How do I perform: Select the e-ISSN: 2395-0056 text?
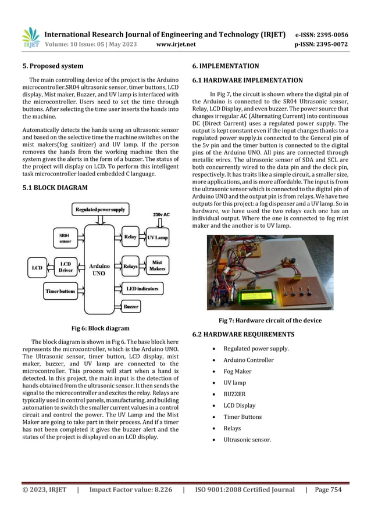tap(322, 34)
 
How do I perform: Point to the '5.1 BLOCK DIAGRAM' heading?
tap(55, 188)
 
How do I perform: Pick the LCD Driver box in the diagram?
tap(65, 267)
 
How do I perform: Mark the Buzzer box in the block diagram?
tap(131, 306)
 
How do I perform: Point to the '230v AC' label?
tap(160, 213)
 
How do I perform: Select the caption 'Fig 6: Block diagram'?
tap(100, 328)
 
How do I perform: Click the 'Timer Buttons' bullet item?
tap(242, 417)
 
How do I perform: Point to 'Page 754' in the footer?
tap(328, 490)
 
